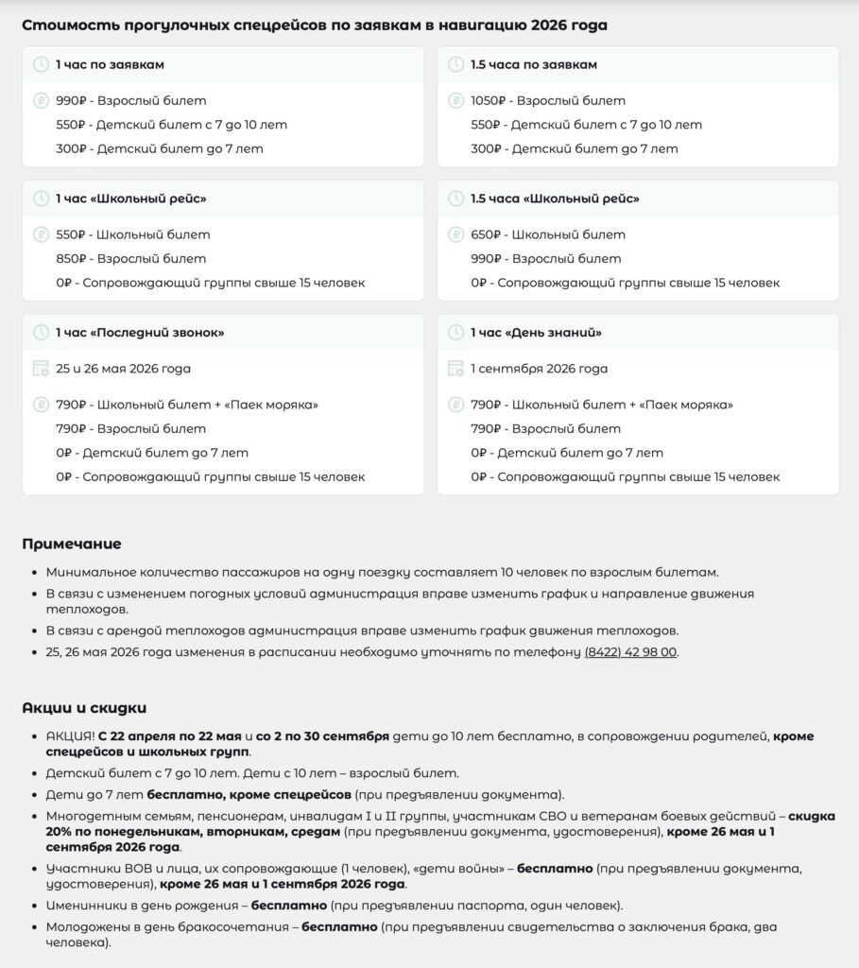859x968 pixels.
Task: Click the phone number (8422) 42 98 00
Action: pos(630,652)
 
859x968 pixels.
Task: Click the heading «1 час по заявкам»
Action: pos(110,65)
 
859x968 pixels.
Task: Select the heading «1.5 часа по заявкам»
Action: pos(534,65)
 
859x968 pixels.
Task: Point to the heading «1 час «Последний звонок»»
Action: pos(140,333)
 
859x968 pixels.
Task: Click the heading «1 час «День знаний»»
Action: pos(536,333)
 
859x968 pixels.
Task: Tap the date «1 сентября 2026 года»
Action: pos(539,369)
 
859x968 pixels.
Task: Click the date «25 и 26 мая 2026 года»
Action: pos(123,369)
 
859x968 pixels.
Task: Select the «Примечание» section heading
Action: pos(72,544)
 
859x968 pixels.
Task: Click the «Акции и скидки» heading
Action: pos(84,708)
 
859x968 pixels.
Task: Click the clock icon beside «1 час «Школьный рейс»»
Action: pos(41,199)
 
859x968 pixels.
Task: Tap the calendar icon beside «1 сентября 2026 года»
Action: pos(456,369)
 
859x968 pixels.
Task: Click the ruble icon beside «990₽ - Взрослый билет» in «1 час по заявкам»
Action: pos(41,101)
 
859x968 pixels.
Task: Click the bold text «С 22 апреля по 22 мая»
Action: pos(169,736)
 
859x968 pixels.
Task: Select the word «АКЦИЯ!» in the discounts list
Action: pos(70,736)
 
